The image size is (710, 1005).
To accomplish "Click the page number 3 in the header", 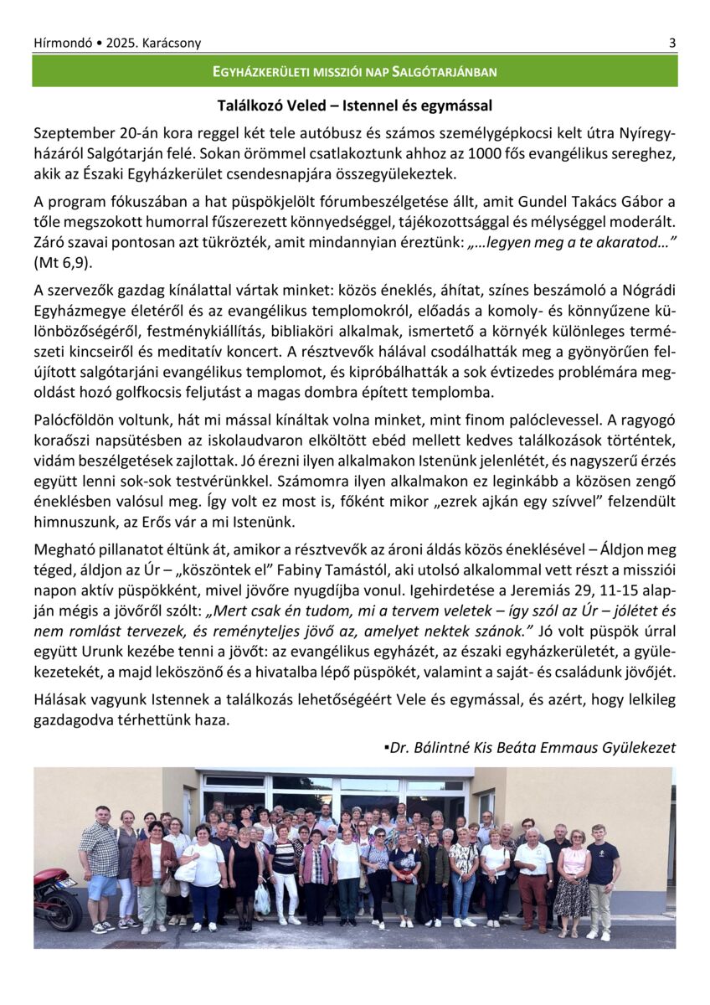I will coord(671,43).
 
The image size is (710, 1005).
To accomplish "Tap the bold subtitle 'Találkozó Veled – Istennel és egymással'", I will coord(354,106).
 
